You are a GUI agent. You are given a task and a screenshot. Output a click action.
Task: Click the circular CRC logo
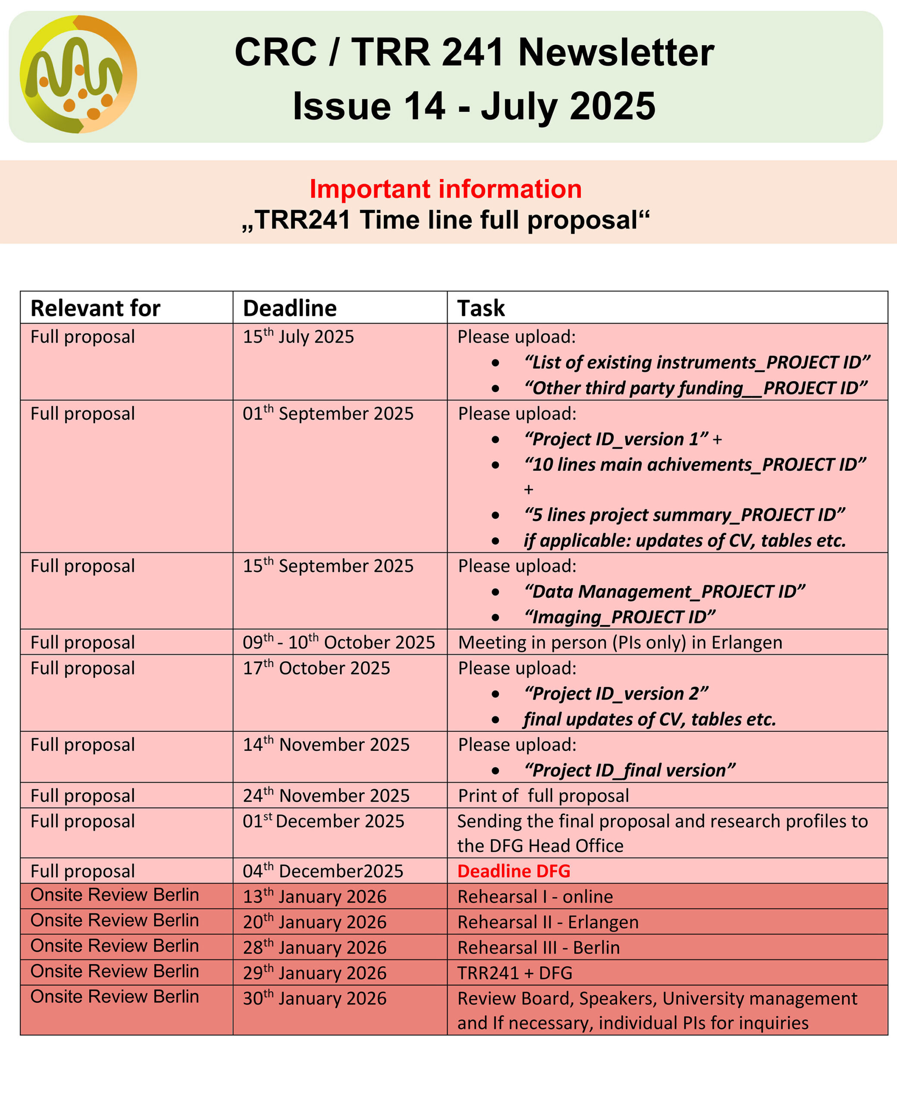(78, 75)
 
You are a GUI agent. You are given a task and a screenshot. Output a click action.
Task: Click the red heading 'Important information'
(445, 189)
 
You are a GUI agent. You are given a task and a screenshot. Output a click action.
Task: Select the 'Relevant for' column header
(96, 308)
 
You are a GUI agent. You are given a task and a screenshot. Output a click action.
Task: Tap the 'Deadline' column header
(290, 308)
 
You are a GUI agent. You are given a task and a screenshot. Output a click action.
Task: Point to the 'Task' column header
(481, 308)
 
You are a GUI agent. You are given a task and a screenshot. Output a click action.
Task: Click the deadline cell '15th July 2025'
(299, 337)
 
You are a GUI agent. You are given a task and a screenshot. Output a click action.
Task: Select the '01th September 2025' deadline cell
(328, 414)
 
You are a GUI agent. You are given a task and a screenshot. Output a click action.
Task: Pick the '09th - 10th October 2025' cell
(339, 643)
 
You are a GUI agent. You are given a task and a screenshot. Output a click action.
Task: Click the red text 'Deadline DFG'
(514, 872)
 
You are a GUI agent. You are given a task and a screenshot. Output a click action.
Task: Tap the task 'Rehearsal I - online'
(535, 897)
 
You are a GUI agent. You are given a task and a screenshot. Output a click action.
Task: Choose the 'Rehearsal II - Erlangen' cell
(548, 922)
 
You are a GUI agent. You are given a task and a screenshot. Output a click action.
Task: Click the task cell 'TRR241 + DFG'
(515, 973)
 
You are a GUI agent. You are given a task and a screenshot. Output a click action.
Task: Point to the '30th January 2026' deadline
(315, 999)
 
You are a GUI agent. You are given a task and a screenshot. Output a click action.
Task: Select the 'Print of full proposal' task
(543, 796)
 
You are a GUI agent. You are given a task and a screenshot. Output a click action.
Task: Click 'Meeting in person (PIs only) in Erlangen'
(620, 643)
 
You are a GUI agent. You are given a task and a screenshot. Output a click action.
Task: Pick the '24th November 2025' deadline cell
(326, 796)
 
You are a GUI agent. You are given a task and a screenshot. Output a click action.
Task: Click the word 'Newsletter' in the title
(616, 53)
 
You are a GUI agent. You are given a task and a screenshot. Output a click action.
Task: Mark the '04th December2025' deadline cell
(323, 872)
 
